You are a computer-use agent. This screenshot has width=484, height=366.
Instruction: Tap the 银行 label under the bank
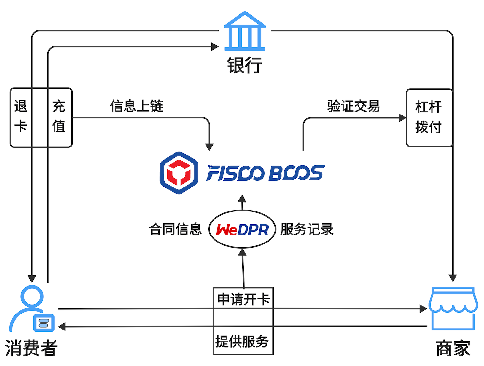click(245, 65)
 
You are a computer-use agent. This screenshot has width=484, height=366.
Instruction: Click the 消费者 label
click(31, 348)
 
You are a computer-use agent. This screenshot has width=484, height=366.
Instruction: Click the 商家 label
click(453, 348)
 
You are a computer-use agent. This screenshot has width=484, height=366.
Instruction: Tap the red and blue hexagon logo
click(179, 173)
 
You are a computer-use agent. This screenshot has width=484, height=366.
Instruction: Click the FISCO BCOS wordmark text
click(265, 173)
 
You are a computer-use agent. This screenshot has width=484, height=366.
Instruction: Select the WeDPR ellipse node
click(242, 229)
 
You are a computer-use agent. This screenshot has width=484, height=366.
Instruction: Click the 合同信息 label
click(175, 229)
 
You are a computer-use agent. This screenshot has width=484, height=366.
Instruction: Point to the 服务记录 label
click(307, 229)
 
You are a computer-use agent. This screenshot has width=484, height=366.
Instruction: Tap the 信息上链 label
click(137, 106)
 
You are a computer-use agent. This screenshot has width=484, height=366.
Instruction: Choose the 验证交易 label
click(353, 106)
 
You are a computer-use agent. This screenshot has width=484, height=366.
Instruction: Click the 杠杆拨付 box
click(429, 117)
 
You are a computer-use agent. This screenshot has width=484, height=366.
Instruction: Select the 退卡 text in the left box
click(21, 116)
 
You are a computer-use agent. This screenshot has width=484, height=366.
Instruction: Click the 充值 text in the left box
click(59, 116)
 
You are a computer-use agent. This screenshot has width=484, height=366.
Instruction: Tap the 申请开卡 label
click(243, 299)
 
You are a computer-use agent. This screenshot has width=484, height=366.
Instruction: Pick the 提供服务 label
click(242, 341)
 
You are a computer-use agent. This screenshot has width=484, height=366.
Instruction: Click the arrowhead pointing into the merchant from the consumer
click(423, 309)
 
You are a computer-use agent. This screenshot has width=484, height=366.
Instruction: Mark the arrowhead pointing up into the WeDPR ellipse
click(243, 252)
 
